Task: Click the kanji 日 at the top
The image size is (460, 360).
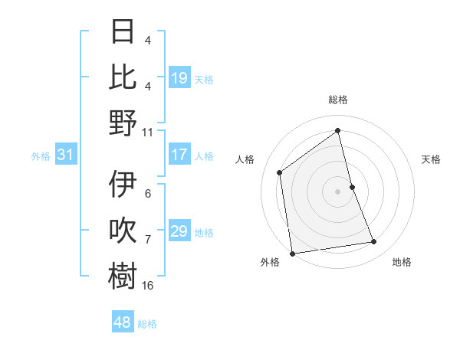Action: point(123,32)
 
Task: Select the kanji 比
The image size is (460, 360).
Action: point(123,77)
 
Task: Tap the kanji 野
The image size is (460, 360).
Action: point(123,123)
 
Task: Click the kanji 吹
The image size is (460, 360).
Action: point(123,231)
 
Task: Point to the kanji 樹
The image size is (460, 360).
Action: point(123,277)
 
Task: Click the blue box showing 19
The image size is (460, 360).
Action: point(179,78)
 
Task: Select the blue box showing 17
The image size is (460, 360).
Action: point(179,155)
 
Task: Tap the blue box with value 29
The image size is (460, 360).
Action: point(179,232)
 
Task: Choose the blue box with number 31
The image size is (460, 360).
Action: point(66,155)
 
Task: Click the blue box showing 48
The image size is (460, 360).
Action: point(123,322)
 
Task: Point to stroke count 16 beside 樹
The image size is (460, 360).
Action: point(148,286)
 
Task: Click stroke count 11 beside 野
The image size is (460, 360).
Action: point(148,131)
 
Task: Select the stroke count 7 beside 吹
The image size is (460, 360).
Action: point(148,240)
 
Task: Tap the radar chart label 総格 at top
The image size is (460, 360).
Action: point(338,100)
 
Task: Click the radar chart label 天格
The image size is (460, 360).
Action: point(432,159)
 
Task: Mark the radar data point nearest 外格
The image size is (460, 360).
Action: point(292,254)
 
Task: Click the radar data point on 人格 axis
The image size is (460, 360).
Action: point(280,172)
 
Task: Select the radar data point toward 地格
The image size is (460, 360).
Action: point(374,242)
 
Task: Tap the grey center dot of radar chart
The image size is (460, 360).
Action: point(338,191)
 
